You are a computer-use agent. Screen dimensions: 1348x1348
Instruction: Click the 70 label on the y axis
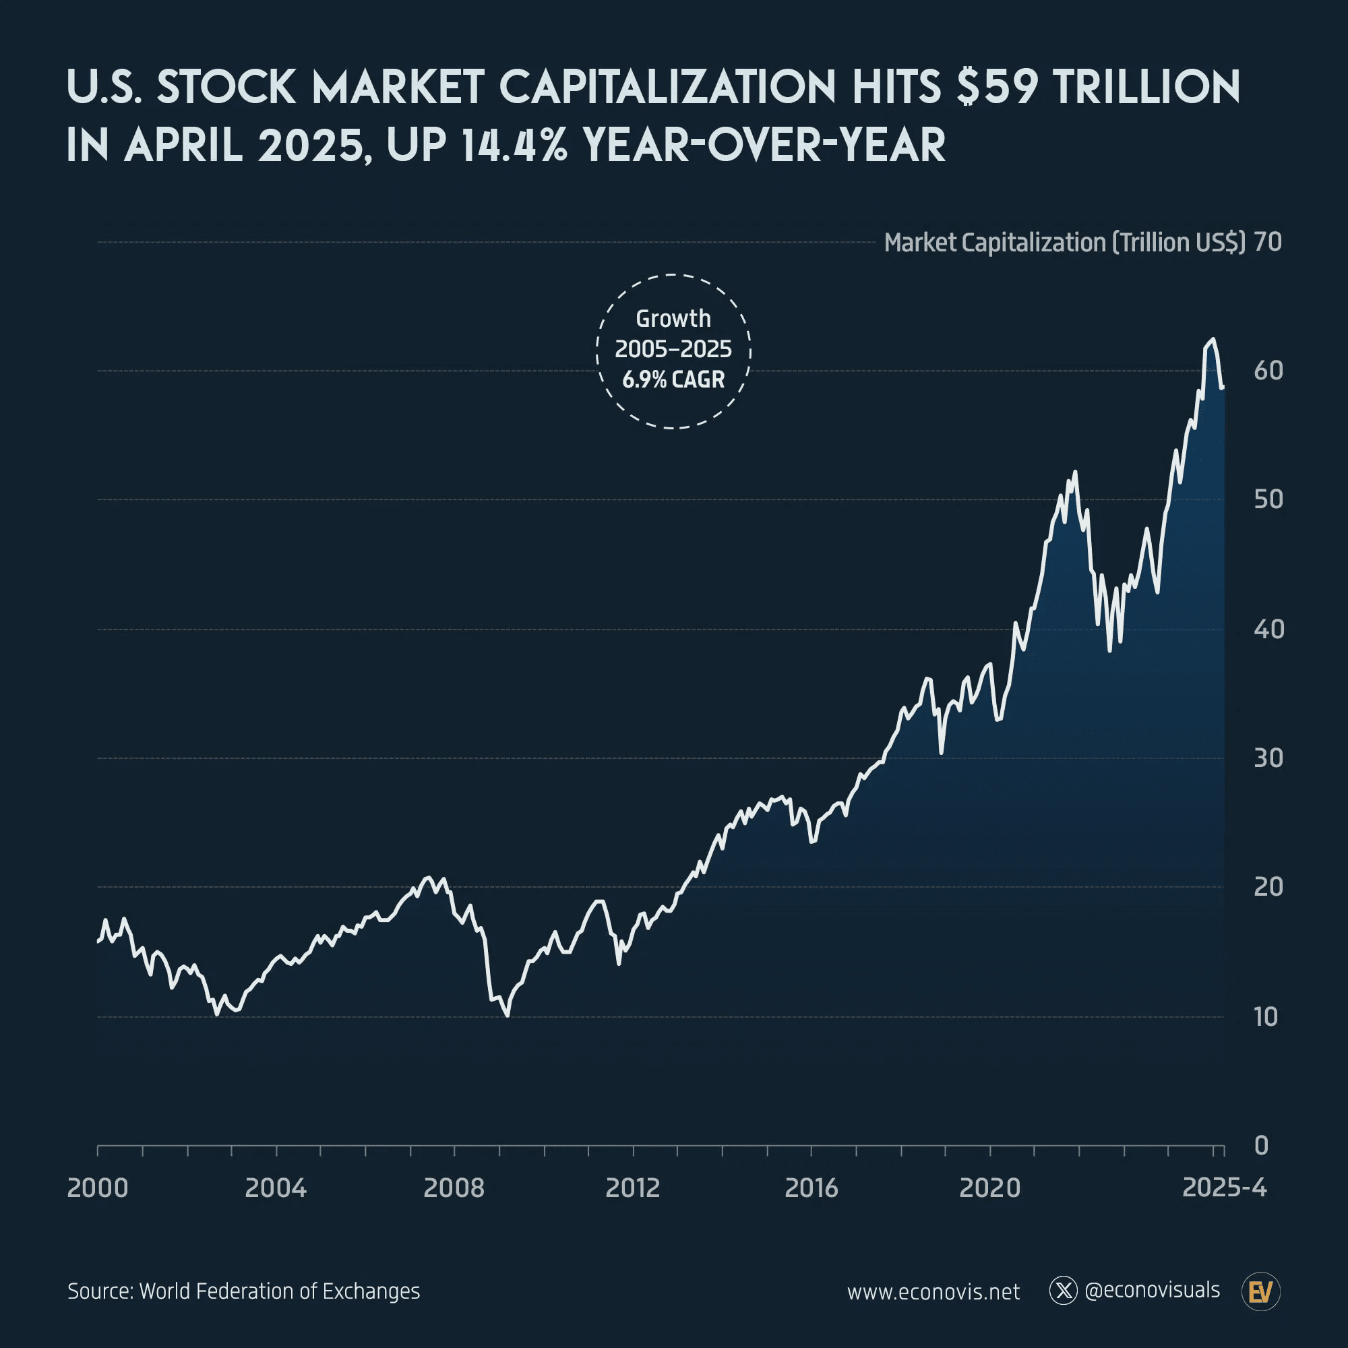point(1267,242)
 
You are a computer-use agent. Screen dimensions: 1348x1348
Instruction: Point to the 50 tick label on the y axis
point(1268,499)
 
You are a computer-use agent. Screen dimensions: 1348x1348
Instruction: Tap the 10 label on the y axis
point(1266,1017)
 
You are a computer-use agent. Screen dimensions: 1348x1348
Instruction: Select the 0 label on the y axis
point(1261,1146)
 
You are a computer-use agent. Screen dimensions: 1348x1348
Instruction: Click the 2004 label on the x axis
point(276,1188)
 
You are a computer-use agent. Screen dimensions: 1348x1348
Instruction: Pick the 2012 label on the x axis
point(632,1188)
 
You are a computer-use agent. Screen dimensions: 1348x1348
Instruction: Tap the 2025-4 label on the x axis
point(1224,1188)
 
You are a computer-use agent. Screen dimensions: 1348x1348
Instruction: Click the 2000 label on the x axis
point(98,1188)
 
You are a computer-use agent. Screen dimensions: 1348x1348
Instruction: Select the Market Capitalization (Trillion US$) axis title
point(1064,243)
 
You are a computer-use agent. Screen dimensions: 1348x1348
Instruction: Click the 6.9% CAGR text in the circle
point(673,379)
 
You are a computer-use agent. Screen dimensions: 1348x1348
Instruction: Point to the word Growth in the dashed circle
point(673,319)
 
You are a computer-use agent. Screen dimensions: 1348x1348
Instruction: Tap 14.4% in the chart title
point(514,145)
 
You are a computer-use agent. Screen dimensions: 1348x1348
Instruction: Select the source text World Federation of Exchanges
point(279,1291)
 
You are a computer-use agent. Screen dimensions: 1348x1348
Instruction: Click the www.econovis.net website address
point(933,1292)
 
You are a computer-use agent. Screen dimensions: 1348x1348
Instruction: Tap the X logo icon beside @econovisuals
point(1064,1291)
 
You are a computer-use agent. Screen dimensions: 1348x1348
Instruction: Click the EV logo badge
point(1261,1291)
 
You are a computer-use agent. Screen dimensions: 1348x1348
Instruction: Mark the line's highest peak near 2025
point(1213,339)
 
